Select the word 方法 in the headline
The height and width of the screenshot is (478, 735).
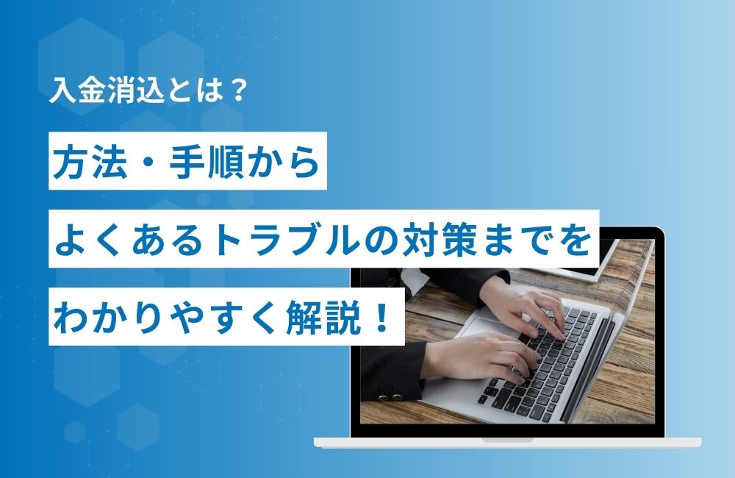(x=90, y=162)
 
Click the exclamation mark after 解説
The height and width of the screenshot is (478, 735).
(x=383, y=317)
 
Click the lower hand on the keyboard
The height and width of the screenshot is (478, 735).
(x=483, y=357)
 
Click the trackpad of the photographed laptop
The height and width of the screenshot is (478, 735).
(x=483, y=324)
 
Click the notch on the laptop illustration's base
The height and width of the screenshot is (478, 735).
(x=508, y=440)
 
